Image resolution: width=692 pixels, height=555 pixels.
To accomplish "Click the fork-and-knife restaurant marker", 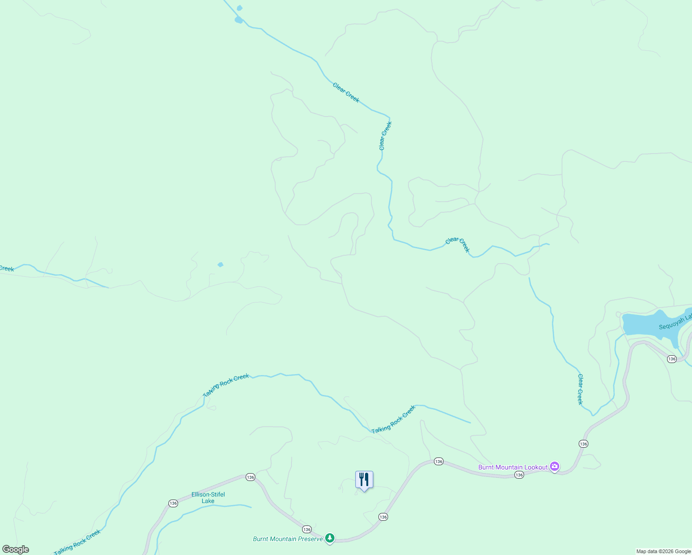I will point(364,480).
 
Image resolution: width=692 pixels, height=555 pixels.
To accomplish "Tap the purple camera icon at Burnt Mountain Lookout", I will point(555,467).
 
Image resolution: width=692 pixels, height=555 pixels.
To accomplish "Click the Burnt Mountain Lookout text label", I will point(513,467).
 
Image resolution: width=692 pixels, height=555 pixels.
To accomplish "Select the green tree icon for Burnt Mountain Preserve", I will point(330,538).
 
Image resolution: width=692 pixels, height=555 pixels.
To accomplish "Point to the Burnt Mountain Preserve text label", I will point(288,539).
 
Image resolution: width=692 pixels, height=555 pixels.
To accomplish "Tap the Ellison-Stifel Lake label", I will point(208,498).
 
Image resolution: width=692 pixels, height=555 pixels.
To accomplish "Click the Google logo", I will point(16,549).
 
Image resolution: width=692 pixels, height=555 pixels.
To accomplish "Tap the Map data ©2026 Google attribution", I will point(663,551).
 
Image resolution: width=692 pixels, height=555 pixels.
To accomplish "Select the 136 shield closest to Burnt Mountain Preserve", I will point(307,529).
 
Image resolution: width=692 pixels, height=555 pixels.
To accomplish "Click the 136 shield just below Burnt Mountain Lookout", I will point(519,475).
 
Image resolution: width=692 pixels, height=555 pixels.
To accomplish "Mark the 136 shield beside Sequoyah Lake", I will point(672,359).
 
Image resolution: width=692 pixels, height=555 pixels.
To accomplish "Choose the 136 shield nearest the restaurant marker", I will point(383,517).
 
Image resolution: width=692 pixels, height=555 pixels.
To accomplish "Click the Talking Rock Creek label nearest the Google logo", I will point(77,543).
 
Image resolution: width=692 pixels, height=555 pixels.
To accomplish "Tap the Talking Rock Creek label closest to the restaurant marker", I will point(394,419).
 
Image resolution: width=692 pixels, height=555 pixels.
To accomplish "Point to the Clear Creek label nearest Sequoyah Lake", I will point(580,389).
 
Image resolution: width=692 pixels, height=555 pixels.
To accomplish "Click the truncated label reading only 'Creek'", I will point(6,269).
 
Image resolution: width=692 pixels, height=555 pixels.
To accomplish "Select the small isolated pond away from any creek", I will point(221,265).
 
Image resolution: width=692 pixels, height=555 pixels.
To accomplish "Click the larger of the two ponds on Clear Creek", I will point(238,20).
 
